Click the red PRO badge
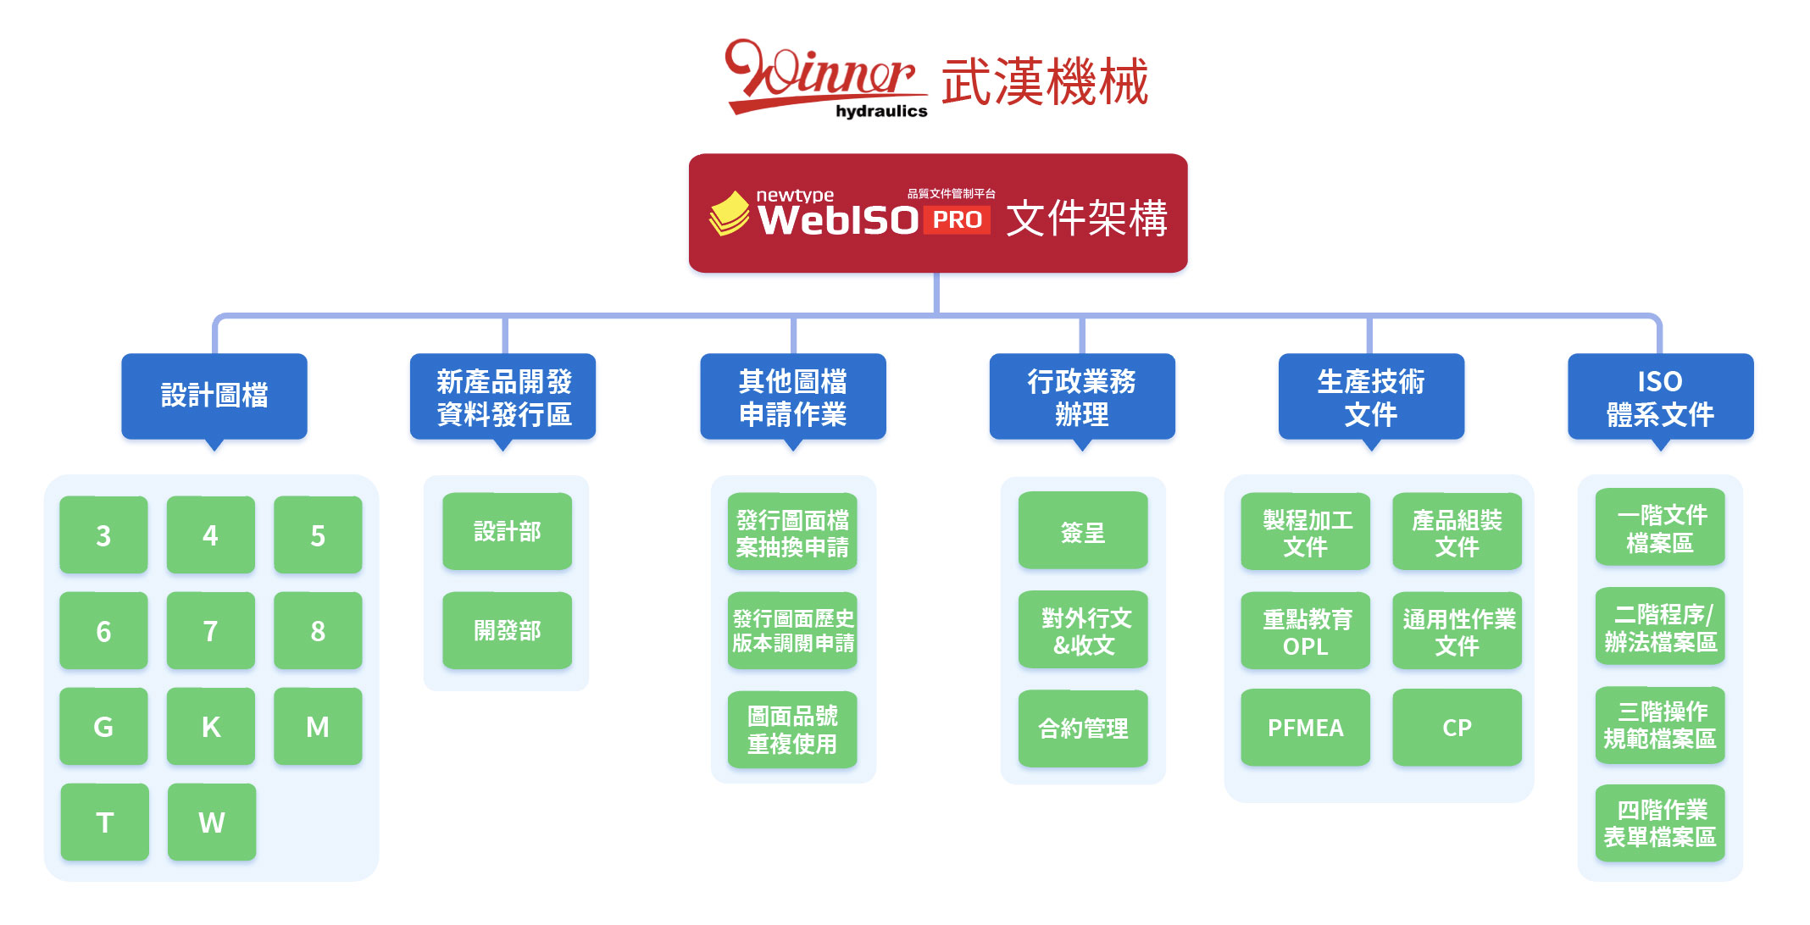[958, 220]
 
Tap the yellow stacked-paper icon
[729, 213]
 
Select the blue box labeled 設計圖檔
[214, 396]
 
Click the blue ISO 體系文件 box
[1660, 396]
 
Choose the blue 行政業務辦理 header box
[1082, 396]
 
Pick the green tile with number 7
[210, 631]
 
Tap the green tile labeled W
[212, 823]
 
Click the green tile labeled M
[318, 727]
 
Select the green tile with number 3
[103, 535]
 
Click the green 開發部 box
[507, 631]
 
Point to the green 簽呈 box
[1083, 531]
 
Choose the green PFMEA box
[1305, 728]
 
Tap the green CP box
[1457, 728]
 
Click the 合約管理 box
[1083, 728]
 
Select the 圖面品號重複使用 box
[792, 730]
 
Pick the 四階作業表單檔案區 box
[1660, 823]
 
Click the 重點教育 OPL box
[1305, 632]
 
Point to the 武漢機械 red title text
[1045, 82]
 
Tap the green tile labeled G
[103, 727]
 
